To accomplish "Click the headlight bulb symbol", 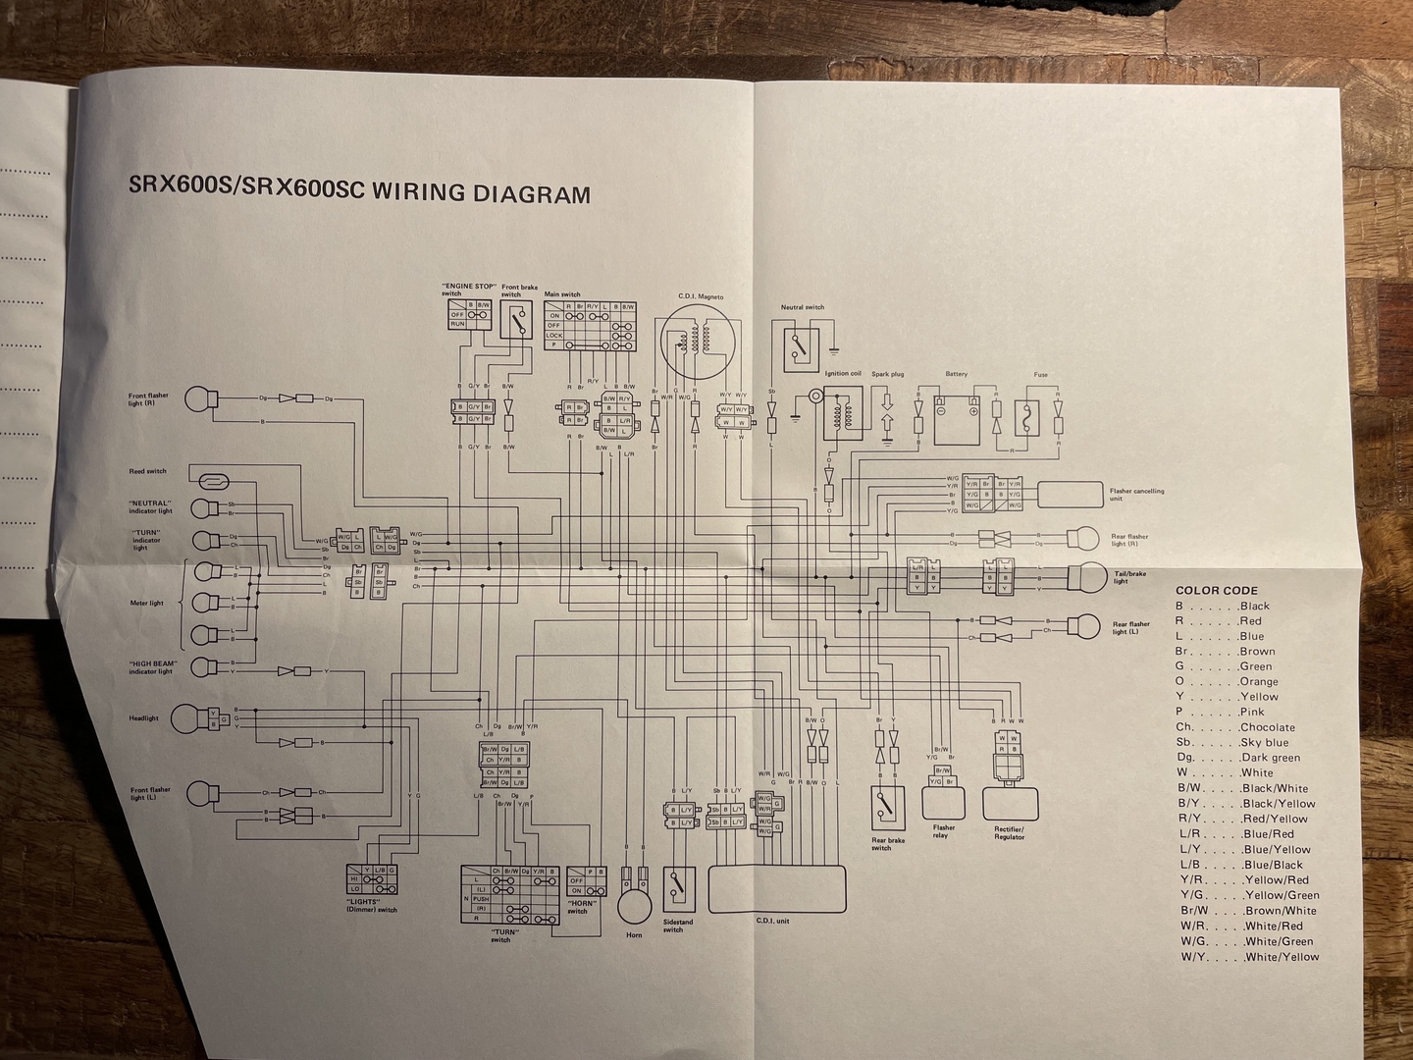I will tap(188, 718).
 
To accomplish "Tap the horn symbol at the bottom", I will tap(634, 903).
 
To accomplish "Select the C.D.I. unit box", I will tap(777, 889).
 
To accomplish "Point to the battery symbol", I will tap(957, 416).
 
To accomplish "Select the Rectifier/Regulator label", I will tap(1009, 833).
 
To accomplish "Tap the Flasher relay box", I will tap(944, 801).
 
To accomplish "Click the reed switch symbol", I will tap(213, 481).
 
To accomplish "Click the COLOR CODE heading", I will tap(1217, 591).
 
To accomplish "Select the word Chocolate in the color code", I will tap(1268, 727).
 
